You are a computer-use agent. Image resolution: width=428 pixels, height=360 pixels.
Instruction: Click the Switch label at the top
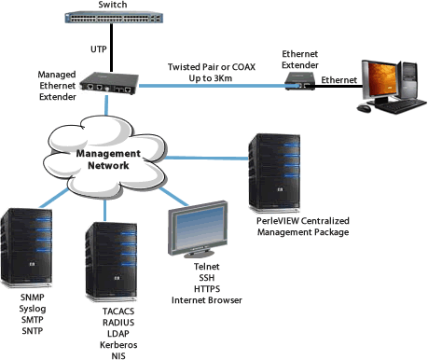(x=107, y=6)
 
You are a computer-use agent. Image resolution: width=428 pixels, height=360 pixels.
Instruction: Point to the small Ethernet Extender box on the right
(x=300, y=83)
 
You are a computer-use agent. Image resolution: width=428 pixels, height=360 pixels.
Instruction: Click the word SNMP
(x=33, y=297)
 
